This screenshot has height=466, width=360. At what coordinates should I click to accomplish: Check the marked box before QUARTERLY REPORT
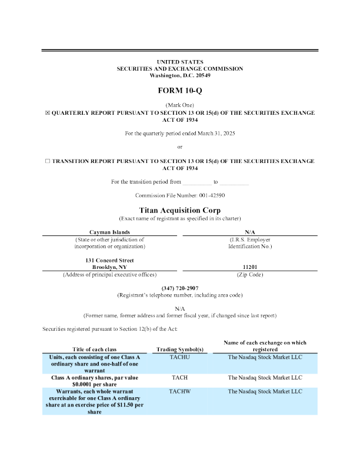tap(48, 112)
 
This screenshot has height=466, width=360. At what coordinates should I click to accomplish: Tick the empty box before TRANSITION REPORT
tap(48, 161)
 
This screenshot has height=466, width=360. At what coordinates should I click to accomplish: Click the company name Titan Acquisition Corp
tap(180, 210)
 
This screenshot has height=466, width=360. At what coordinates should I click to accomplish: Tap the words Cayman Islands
tap(109, 233)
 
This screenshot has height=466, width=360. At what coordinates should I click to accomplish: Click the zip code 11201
tap(251, 267)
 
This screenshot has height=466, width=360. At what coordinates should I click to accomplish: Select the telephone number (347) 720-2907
tap(180, 288)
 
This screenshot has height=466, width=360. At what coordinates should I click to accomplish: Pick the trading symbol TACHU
tap(179, 357)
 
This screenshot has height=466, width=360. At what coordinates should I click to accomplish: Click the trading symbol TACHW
tap(179, 391)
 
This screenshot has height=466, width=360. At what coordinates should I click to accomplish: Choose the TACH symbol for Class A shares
tap(179, 378)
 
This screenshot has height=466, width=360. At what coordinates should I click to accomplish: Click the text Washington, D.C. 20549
tap(180, 76)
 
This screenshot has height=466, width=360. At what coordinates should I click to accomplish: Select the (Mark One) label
tap(180, 105)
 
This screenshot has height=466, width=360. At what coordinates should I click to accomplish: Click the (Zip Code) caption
tap(251, 274)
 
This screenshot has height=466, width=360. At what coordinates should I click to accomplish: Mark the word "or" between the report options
tap(180, 147)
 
